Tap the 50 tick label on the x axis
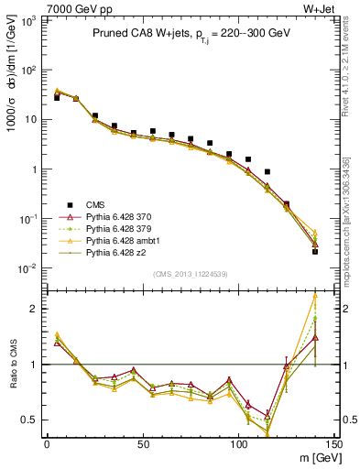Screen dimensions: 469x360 pyautogui.click(x=143, y=443)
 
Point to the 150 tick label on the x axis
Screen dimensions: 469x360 pyautogui.click(x=334, y=443)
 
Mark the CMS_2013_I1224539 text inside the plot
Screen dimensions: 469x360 pyautogui.click(x=181, y=272)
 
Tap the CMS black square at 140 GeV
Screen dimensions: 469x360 pyautogui.click(x=315, y=250)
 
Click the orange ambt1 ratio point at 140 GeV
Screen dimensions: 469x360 pyautogui.click(x=315, y=296)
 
